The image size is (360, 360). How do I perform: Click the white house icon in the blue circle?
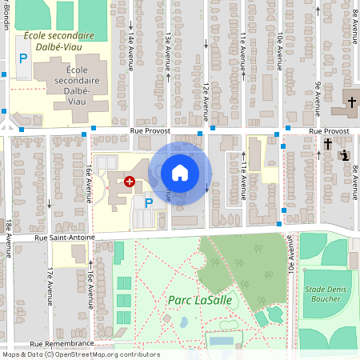pos(180,173)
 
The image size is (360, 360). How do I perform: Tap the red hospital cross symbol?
pos(129,182)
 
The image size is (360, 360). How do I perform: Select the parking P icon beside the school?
pos(22,58)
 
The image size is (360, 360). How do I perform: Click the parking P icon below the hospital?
pos(148,202)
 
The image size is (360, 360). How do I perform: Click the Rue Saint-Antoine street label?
pos(64,237)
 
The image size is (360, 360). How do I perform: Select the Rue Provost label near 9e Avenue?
pos(329,130)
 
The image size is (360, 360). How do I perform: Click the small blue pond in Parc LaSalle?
pos(185,322)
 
